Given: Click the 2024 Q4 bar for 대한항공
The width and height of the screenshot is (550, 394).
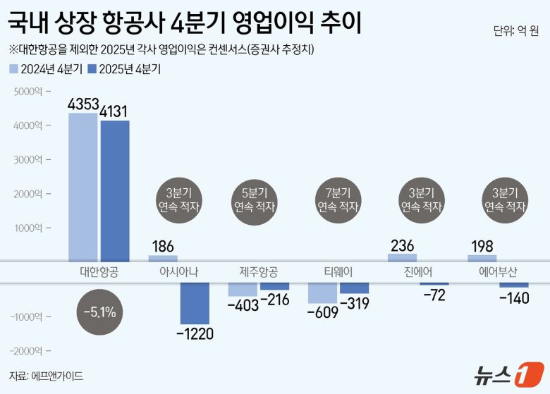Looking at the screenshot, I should click(82, 187).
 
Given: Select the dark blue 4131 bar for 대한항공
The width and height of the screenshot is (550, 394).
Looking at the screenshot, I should click(114, 190).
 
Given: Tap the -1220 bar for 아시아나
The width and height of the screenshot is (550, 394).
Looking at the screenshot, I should click(195, 304).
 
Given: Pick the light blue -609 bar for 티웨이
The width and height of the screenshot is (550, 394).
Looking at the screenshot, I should click(323, 293).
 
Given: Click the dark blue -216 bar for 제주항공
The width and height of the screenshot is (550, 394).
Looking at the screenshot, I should click(274, 286).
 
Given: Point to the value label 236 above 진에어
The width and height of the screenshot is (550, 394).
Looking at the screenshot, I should click(403, 245).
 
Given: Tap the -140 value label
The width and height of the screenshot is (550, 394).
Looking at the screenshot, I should click(514, 298).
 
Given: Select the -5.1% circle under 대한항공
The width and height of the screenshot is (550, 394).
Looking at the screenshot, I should click(99, 311).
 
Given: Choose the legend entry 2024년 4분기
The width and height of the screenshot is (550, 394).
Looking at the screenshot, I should click(47, 69).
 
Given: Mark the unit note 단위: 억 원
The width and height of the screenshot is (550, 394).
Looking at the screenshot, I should click(516, 31).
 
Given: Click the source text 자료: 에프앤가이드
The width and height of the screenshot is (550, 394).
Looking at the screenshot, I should click(46, 376).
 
